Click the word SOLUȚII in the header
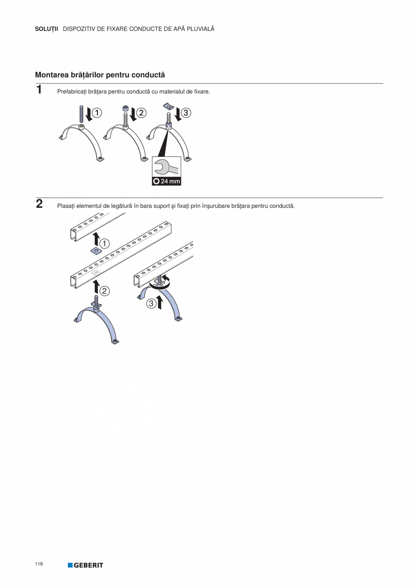(x=46, y=29)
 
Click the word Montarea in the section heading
(x=52, y=75)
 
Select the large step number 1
(x=39, y=89)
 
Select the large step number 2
(x=39, y=204)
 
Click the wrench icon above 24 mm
(x=167, y=167)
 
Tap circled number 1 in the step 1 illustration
(x=97, y=113)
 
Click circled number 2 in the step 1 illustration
(x=141, y=113)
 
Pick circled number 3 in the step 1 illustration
(x=186, y=113)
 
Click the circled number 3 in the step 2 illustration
(x=151, y=304)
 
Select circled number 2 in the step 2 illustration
(x=104, y=291)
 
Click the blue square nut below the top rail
(x=97, y=251)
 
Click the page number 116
(x=39, y=564)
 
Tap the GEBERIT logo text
(x=88, y=565)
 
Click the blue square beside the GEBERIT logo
(x=70, y=565)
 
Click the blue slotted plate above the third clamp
(x=169, y=106)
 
